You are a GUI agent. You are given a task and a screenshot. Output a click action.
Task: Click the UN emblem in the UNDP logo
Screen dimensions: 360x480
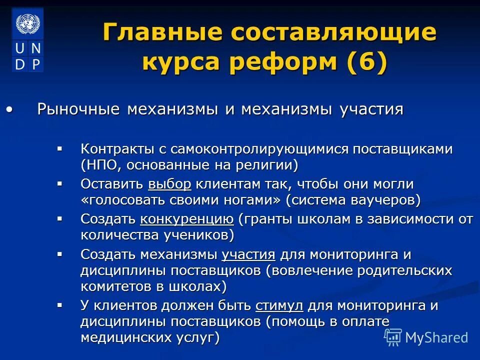click(x=27, y=23)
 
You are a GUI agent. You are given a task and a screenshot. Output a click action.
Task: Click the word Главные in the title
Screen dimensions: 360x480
click(x=162, y=33)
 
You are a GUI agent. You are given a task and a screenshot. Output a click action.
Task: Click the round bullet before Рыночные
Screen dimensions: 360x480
click(x=9, y=109)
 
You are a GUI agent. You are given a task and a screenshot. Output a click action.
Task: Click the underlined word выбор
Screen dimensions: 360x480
click(x=169, y=184)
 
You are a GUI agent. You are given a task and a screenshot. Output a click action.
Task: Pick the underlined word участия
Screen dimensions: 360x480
click(x=248, y=254)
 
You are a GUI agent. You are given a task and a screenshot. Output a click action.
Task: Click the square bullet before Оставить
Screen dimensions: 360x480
click(x=60, y=183)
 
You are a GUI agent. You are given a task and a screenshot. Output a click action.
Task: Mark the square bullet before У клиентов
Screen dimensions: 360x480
click(x=60, y=304)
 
